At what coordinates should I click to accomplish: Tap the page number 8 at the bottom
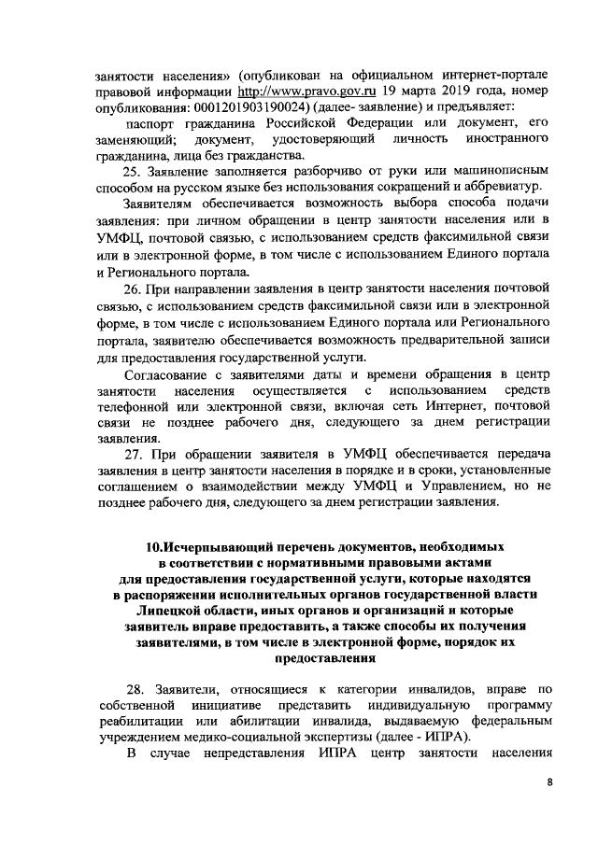pos(549,811)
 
